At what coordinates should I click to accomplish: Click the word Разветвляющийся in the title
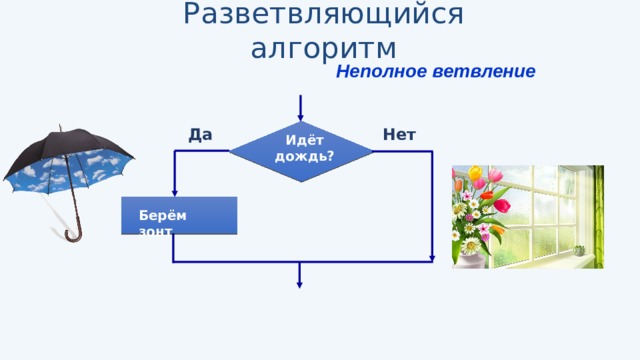coord(324,16)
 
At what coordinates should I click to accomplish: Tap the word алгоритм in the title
coord(324,48)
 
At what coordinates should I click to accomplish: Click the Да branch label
coord(200,135)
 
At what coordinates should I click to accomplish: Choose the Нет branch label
coord(399,135)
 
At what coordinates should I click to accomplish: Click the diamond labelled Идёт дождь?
coord(302,151)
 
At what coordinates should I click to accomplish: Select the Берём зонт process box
coord(179,215)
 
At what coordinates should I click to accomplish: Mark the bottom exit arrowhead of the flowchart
coord(299,283)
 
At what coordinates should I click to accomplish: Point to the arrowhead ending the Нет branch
coord(432,258)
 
